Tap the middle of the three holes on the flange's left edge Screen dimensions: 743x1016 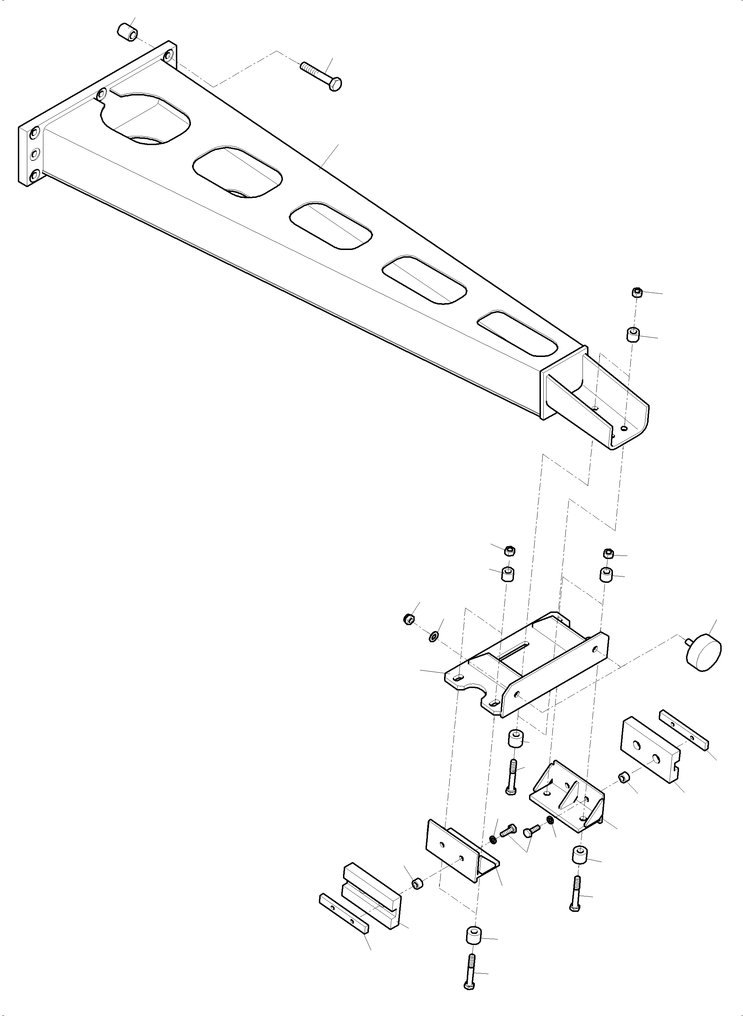(x=35, y=155)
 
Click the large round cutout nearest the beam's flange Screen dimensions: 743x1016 (x=145, y=120)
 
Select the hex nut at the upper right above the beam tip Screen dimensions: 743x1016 (x=636, y=292)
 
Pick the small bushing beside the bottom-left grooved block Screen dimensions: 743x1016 (x=418, y=883)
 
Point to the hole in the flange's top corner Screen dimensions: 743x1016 (x=168, y=56)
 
